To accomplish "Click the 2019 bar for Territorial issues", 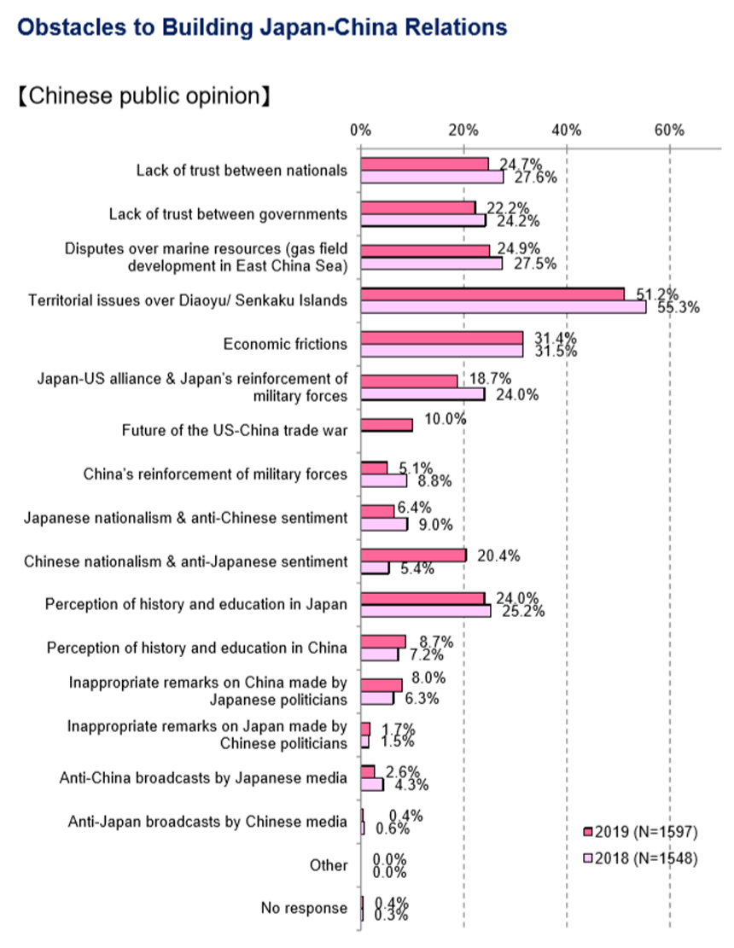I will (x=492, y=294).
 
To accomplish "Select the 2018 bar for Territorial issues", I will (x=503, y=307).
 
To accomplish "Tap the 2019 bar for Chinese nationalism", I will (x=413, y=555).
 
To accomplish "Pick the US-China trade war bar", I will (x=387, y=424).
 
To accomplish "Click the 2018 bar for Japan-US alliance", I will (x=422, y=394).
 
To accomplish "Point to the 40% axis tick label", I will (x=567, y=130).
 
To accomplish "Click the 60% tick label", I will (x=670, y=130).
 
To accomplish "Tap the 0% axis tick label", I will (x=361, y=130).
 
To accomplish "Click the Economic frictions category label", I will (x=285, y=344).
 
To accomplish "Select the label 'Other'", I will (x=329, y=865).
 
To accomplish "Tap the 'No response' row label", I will (x=304, y=908).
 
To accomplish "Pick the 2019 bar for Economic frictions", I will (x=441, y=337).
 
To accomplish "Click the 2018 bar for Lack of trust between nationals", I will (x=432, y=177).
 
